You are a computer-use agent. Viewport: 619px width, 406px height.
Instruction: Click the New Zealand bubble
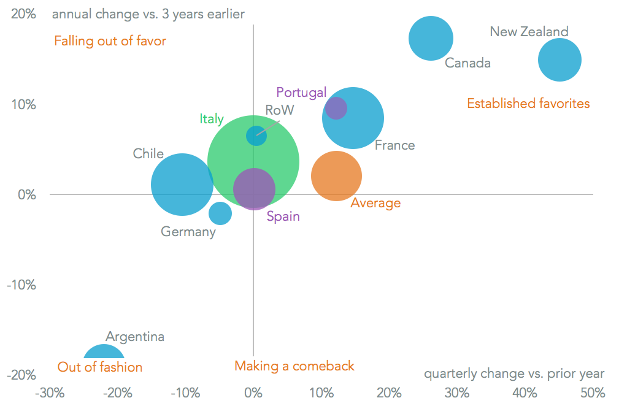coord(559,59)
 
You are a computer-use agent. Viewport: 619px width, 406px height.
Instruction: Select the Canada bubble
coord(431,39)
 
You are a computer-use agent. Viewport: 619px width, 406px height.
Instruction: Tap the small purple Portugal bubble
coord(336,108)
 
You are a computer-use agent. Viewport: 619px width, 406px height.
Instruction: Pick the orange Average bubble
coord(336,176)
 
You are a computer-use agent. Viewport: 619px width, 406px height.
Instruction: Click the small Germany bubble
coord(220,213)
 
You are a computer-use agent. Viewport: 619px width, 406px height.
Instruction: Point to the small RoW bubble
coord(256,136)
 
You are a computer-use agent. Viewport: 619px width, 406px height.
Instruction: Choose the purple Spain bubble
coord(254,189)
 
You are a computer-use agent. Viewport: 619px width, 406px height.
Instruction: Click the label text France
coord(394,145)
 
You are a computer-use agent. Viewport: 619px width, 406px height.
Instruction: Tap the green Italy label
coord(212,119)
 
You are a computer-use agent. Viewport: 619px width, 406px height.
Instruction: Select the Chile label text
coord(148,153)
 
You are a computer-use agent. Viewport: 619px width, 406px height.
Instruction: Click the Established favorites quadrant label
coord(528,104)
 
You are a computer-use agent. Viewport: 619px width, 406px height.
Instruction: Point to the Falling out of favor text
coord(110,41)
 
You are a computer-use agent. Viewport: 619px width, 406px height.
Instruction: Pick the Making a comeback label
coord(294,366)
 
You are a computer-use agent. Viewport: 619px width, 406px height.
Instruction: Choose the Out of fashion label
coord(100,367)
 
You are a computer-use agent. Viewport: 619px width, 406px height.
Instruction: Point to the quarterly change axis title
coord(514,373)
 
